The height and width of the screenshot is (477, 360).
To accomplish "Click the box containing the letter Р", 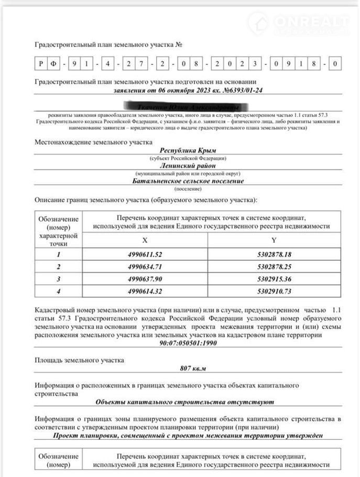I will (41, 64).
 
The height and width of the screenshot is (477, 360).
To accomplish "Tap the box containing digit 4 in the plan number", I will (107, 64).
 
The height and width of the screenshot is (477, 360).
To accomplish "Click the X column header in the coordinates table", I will (145, 240).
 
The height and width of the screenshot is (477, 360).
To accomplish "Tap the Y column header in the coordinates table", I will (274, 240).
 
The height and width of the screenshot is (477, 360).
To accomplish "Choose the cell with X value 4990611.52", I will (145, 255).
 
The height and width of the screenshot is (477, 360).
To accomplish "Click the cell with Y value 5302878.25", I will (274, 267).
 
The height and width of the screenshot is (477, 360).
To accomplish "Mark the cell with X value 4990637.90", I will (145, 279).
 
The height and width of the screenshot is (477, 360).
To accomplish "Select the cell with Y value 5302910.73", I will (274, 291).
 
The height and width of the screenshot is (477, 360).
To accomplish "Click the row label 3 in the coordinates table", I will (59, 279).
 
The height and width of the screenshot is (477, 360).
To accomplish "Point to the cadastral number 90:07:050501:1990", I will (188, 344).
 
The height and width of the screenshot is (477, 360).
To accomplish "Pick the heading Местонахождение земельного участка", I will (94, 142).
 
